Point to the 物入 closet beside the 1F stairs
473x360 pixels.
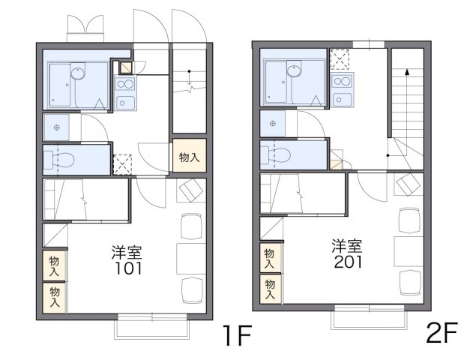[189, 157]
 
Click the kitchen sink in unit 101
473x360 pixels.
[125, 103]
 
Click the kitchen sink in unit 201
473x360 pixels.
[343, 98]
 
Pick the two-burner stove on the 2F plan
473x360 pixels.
[343, 80]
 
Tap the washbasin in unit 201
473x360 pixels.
[271, 122]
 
